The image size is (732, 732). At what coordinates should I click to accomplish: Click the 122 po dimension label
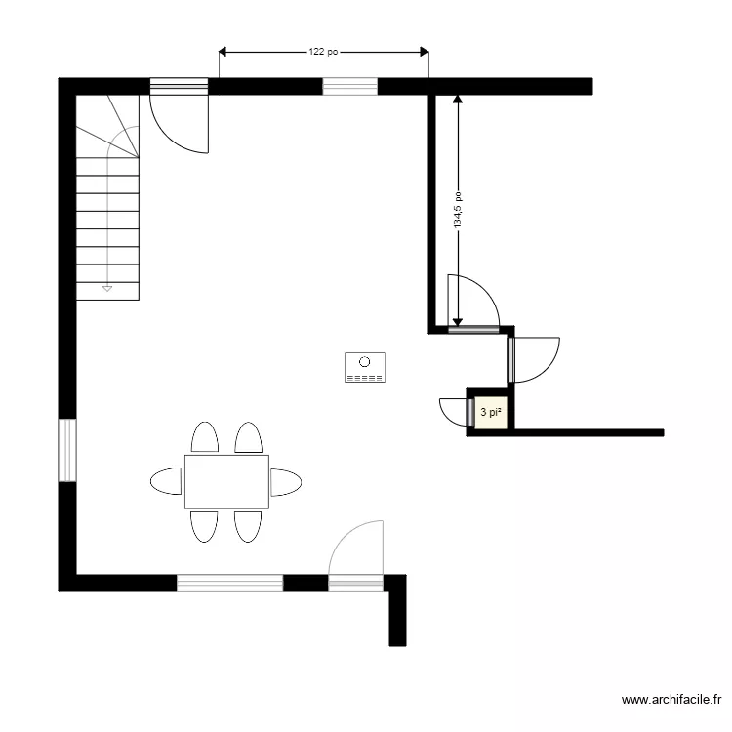coord(323,52)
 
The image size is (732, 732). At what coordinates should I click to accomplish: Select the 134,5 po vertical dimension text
coord(458,211)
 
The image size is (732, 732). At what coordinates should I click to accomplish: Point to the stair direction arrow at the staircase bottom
coord(107,288)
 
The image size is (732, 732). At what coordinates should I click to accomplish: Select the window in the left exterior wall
coord(67,450)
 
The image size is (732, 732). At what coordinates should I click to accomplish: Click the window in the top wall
coord(349,87)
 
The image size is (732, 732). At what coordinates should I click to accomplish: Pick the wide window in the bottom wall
coord(229,583)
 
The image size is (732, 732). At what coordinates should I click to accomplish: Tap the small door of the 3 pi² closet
coord(454,411)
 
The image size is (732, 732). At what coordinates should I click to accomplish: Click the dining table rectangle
coord(226,481)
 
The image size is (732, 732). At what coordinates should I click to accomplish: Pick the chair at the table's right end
coord(286,481)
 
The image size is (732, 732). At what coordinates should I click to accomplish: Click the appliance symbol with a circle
coord(364,367)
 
